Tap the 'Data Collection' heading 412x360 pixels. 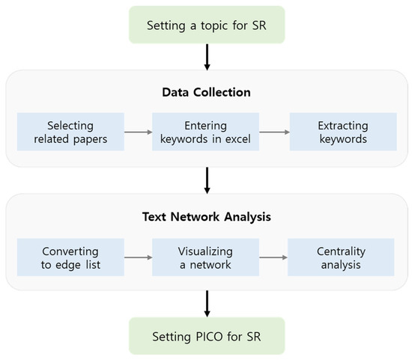click(205, 92)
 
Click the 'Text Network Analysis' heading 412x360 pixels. click(205, 219)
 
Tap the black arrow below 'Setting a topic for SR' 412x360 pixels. click(205, 56)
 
